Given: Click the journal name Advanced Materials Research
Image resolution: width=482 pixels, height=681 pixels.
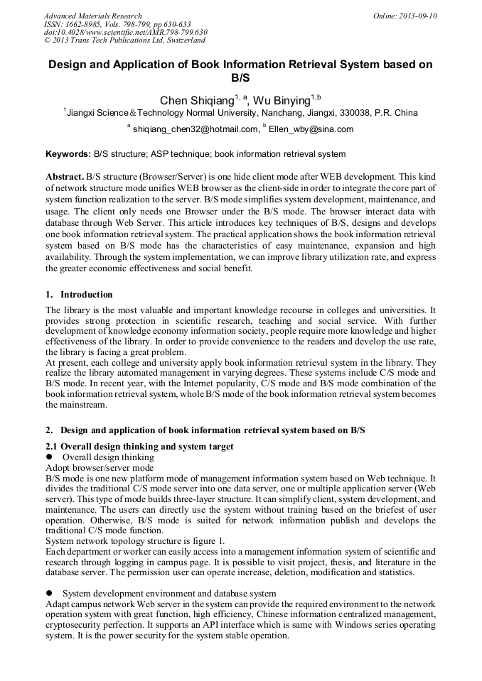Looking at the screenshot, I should point(92,16).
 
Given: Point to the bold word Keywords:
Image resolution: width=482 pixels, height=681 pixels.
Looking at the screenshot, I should point(68,154).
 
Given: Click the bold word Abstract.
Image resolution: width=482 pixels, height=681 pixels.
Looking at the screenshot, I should point(65,175).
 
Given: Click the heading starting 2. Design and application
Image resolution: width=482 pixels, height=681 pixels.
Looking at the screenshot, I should point(205,430).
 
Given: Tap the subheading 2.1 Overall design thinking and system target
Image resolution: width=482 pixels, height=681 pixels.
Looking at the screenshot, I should point(139,447).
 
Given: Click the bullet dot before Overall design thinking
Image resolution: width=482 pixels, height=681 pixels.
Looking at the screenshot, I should point(50,457).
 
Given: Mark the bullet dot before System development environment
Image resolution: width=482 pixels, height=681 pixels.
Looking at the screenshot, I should point(50,593).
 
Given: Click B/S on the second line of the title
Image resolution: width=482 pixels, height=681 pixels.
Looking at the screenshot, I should point(240,77).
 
